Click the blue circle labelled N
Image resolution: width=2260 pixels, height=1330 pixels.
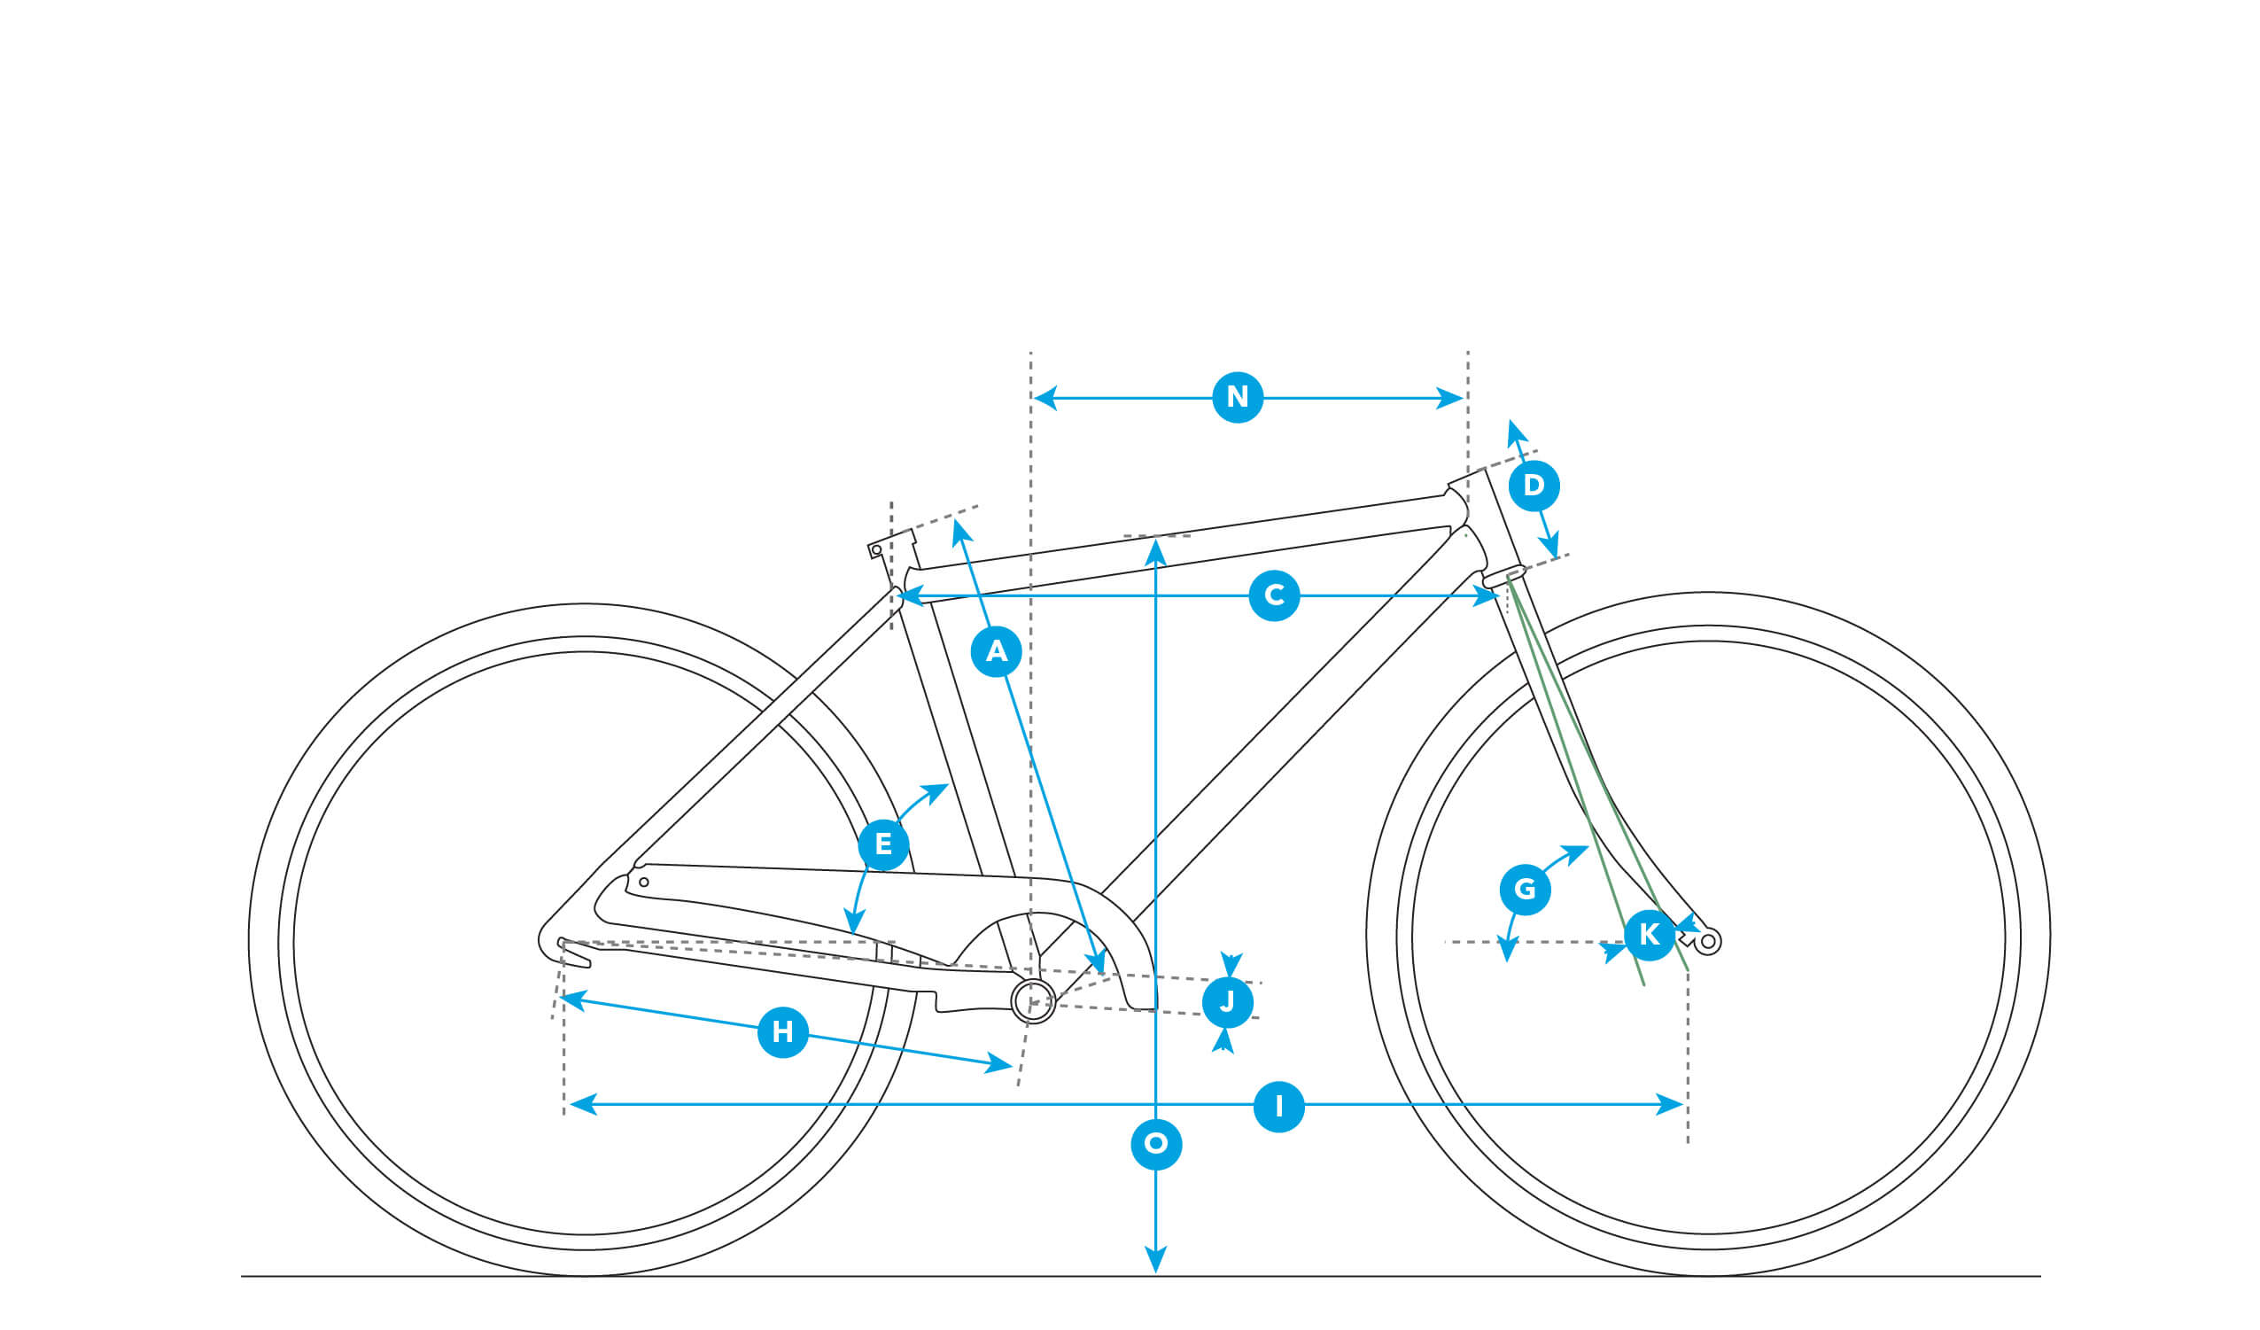[x=1238, y=397]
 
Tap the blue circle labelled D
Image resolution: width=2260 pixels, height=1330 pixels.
[x=1534, y=486]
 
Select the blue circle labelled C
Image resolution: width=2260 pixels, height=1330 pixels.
[x=1274, y=595]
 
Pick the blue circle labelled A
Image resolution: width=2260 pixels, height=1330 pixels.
[x=997, y=652]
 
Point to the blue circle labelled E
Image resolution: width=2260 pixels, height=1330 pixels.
[x=883, y=844]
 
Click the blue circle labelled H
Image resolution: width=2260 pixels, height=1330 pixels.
[x=783, y=1032]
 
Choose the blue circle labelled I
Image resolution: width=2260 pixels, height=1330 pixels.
[x=1279, y=1107]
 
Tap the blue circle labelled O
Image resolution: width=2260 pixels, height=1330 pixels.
[x=1156, y=1144]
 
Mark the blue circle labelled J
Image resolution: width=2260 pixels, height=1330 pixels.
[x=1228, y=1002]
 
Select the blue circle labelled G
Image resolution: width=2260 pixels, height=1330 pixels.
[x=1525, y=890]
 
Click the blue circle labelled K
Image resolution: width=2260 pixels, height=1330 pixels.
[x=1650, y=936]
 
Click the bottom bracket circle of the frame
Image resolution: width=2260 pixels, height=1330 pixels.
[x=1033, y=1001]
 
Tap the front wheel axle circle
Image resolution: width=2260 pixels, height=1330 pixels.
[x=1707, y=942]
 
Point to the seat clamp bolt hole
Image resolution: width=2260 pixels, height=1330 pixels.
[x=876, y=550]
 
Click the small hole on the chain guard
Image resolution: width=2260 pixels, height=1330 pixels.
[x=643, y=883]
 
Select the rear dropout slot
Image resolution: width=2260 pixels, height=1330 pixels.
[x=574, y=953]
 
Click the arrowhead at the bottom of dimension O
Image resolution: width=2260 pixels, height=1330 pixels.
[x=1156, y=1260]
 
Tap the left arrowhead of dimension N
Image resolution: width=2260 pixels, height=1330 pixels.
[x=1045, y=397]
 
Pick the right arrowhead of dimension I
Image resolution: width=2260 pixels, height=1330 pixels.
[x=1669, y=1105]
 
